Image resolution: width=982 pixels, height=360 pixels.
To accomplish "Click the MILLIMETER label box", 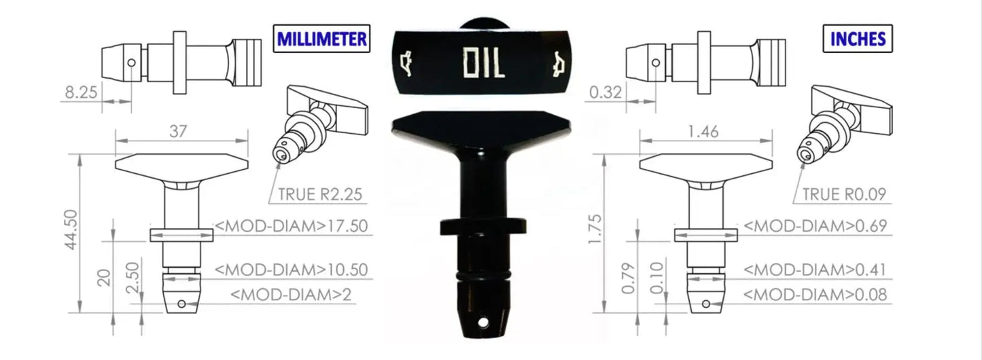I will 321,39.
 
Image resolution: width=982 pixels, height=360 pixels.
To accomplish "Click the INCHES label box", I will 858,39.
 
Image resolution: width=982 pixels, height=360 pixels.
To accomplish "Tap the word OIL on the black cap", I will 483,63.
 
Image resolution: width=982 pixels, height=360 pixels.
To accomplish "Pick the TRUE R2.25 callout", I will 319,195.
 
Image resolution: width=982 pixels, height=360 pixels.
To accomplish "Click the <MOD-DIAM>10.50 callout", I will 293,269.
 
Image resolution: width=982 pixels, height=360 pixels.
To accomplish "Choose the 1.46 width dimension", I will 703,132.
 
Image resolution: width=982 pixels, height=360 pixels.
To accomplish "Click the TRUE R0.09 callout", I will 843,195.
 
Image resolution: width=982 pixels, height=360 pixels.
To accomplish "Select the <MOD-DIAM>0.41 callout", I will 815,269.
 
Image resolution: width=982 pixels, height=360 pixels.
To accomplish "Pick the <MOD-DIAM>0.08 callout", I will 815,294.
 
